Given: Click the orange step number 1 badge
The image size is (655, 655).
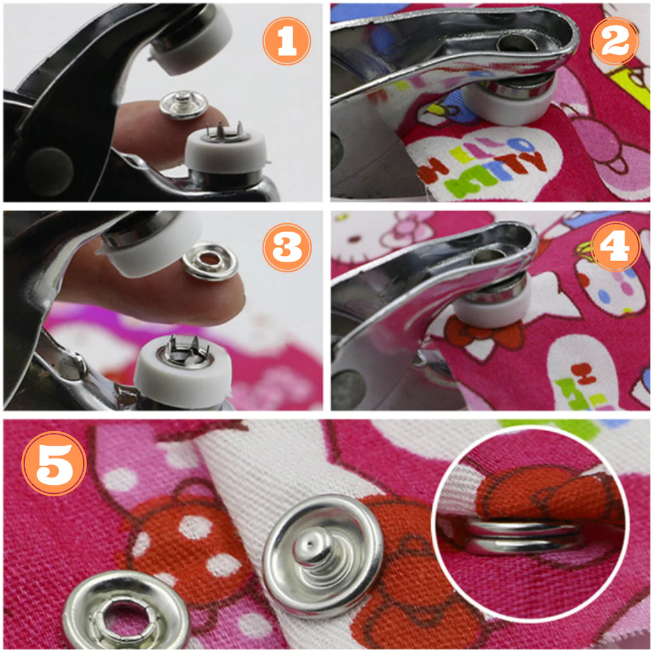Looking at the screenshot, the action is (287, 41).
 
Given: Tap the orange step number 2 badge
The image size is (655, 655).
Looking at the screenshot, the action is (615, 41).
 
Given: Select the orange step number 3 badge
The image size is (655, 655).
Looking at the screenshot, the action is (287, 248).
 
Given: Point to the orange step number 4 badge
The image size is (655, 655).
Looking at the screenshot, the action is (615, 246).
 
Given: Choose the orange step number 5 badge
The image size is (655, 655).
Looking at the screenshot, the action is (54, 464).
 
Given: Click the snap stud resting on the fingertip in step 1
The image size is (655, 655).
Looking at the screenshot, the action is (184, 104).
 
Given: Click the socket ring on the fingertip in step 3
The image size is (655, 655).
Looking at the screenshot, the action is (210, 262).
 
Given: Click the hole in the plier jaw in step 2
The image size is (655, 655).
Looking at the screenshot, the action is (516, 42).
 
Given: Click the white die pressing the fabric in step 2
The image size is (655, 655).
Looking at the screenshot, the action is (510, 102).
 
